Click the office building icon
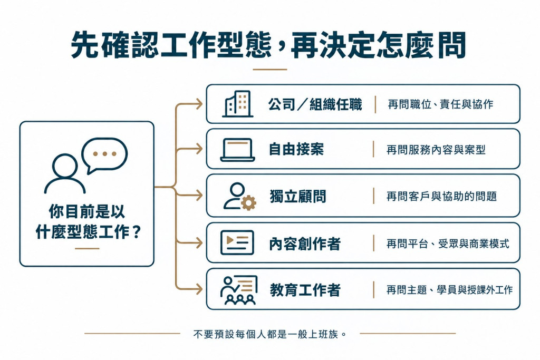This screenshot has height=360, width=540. (x=238, y=104)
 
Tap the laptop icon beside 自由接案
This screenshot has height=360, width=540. (x=238, y=150)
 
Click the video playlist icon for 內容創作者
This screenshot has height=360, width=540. (x=237, y=242)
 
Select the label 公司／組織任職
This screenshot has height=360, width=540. (x=315, y=104)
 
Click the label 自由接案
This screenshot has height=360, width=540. (x=296, y=150)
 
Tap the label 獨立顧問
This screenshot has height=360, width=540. (x=298, y=196)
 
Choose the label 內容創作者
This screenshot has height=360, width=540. (x=305, y=244)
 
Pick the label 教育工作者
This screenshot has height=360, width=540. (x=305, y=290)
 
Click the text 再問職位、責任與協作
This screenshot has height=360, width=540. (x=440, y=104)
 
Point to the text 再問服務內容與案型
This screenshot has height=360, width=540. (x=436, y=150)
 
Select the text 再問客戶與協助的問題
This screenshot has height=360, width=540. (x=441, y=196)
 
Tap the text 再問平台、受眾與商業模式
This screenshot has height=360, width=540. (x=448, y=244)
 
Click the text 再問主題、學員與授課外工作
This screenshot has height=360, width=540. (x=449, y=290)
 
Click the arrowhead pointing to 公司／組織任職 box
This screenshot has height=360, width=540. (x=199, y=104)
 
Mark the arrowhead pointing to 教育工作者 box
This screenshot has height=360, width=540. (x=199, y=289)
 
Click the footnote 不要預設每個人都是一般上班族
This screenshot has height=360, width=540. (x=270, y=334)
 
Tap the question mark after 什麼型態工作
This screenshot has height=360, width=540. (x=137, y=232)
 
